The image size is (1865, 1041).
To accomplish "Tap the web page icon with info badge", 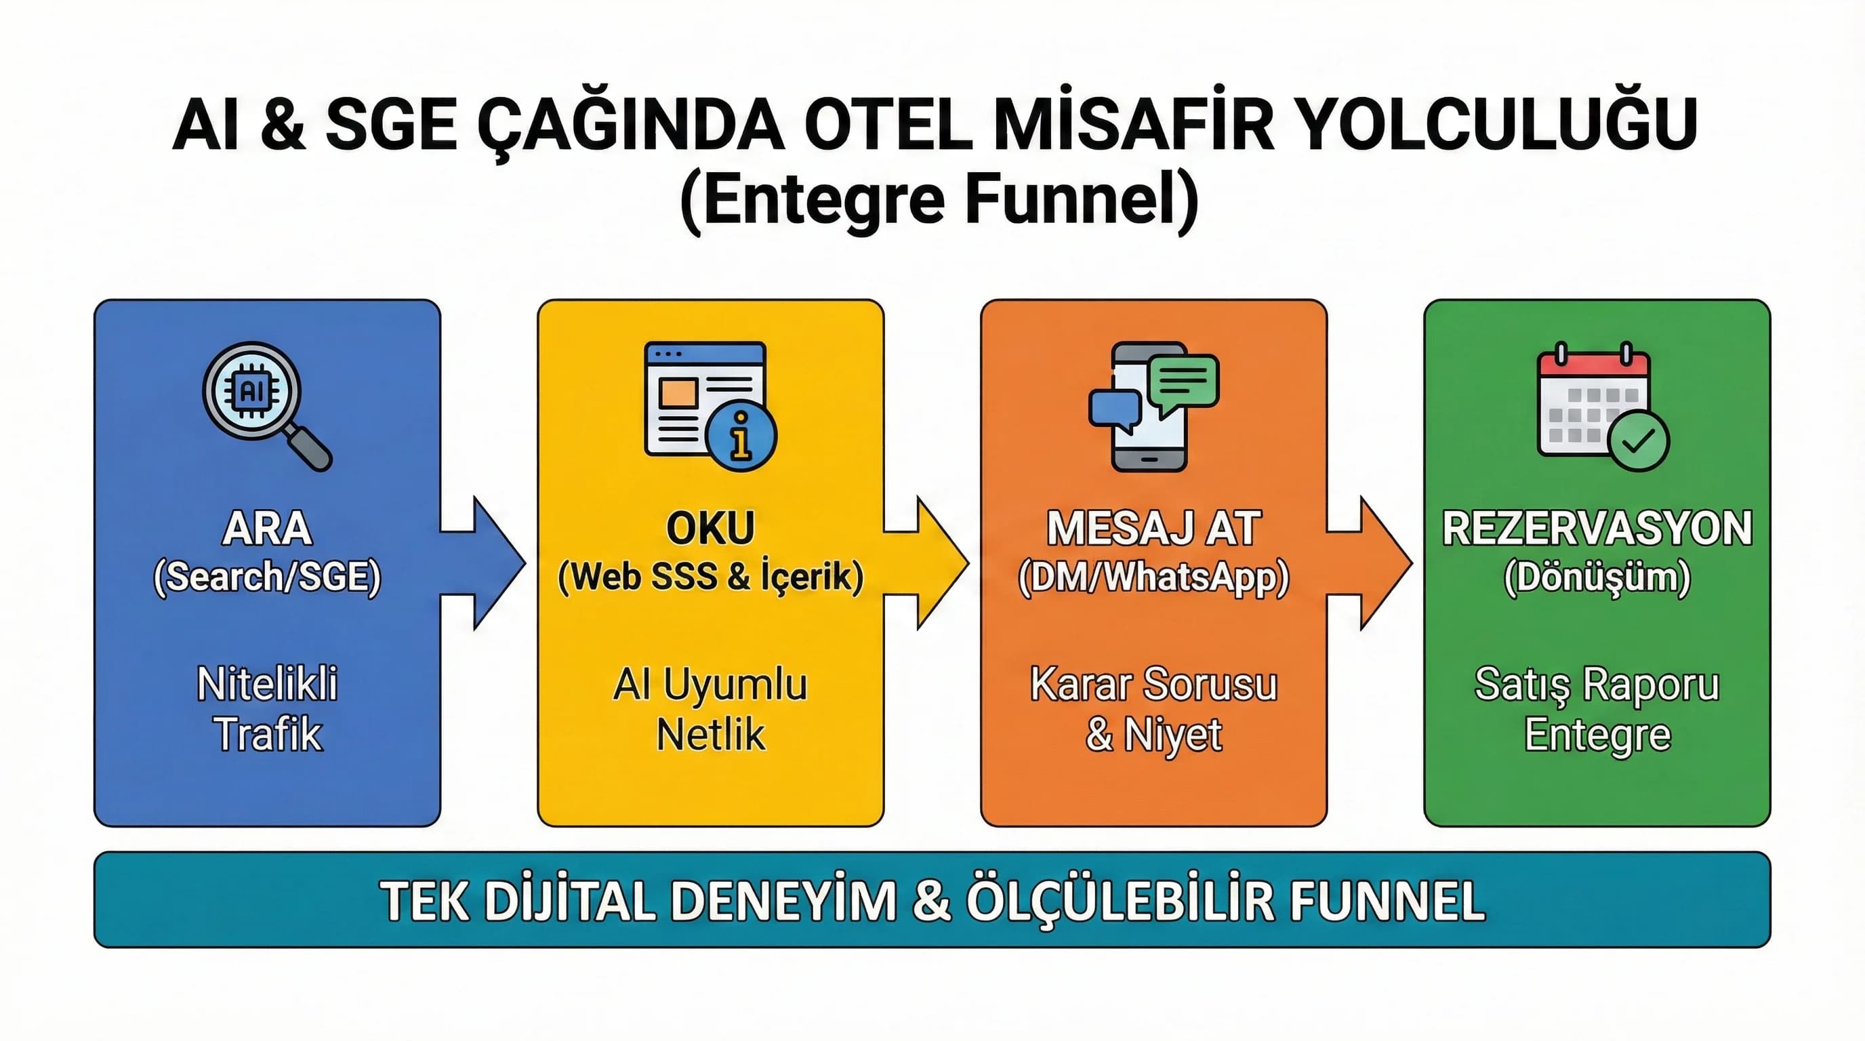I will click(709, 406).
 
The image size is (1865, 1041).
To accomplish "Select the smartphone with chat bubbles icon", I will click(1153, 406).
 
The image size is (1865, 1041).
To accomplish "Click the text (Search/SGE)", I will click(267, 577).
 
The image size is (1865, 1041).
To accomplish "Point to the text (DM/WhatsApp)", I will click(1153, 577).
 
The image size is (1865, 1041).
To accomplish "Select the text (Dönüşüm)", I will click(1597, 577).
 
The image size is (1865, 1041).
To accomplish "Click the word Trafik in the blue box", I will click(267, 734).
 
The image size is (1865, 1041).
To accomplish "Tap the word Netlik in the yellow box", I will click(710, 734).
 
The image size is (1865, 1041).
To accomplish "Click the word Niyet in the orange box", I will click(1173, 734).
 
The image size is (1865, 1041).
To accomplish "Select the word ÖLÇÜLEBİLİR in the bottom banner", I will click(1120, 901).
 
